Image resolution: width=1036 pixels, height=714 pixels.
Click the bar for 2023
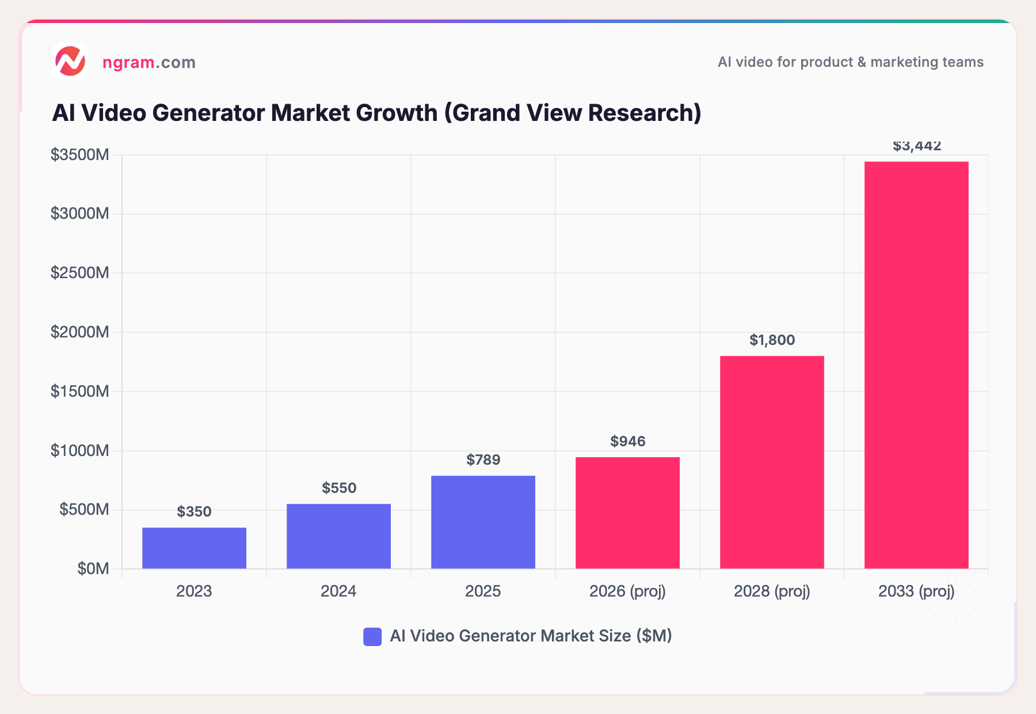(194, 548)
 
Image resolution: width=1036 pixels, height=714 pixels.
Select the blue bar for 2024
(338, 536)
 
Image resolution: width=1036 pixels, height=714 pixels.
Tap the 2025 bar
(483, 522)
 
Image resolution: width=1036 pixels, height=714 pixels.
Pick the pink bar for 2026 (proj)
(627, 512)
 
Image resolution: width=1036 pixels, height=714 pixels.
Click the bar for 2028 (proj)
(772, 462)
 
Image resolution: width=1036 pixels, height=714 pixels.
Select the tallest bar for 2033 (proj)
(916, 365)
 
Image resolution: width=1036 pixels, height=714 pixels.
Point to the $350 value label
(194, 511)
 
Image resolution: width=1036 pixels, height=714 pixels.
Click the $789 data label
(483, 459)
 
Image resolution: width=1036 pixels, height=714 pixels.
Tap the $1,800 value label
(772, 340)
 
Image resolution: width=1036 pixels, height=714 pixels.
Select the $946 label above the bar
(627, 441)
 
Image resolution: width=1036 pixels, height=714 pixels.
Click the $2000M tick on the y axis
(79, 332)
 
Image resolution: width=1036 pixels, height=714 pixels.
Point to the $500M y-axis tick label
(84, 509)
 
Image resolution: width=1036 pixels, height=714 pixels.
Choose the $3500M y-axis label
(79, 154)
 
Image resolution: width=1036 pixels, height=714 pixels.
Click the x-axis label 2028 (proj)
(772, 591)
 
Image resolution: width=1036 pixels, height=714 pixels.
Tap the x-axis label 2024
(338, 591)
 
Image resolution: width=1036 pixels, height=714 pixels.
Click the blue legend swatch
(372, 636)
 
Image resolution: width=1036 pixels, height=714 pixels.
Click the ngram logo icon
(70, 61)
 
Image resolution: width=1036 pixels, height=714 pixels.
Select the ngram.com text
(148, 62)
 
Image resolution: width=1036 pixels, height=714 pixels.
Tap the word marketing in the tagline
(900, 62)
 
